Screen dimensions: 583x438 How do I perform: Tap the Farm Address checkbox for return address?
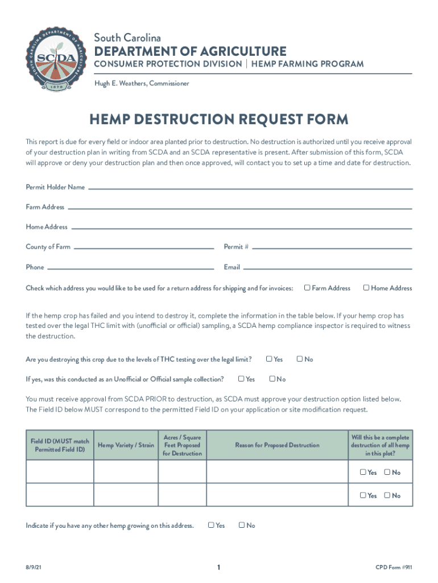point(307,288)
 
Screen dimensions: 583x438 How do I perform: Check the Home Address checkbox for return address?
point(366,288)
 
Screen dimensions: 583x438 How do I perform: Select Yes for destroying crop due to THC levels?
point(269,359)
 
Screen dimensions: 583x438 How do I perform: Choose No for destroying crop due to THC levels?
point(300,359)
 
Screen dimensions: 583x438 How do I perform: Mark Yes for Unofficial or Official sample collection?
point(241,379)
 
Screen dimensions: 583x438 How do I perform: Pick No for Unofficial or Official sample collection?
point(272,379)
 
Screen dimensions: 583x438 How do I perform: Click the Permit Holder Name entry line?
point(249,187)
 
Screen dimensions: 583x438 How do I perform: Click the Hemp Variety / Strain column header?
point(126,445)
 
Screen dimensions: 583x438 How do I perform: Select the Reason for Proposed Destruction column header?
point(277,445)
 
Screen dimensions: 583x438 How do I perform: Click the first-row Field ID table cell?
point(60,472)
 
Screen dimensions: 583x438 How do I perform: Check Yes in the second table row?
point(363,495)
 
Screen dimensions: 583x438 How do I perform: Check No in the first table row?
point(387,472)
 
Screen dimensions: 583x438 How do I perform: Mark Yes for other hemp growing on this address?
point(211,525)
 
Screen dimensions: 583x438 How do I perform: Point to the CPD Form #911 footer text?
point(394,567)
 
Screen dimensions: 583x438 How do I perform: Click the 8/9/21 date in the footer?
point(33,567)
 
